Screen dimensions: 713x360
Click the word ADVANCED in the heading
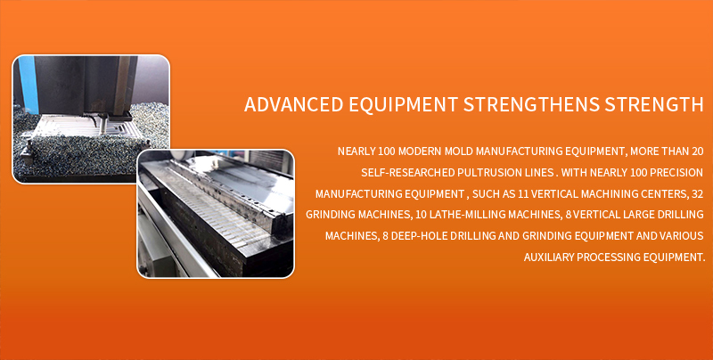[293, 104]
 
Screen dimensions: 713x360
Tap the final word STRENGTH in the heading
[654, 104]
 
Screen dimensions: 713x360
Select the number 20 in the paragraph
[698, 151]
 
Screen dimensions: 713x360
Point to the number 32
[698, 193]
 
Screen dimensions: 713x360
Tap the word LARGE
[642, 215]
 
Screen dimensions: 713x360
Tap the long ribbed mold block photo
[216, 214]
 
